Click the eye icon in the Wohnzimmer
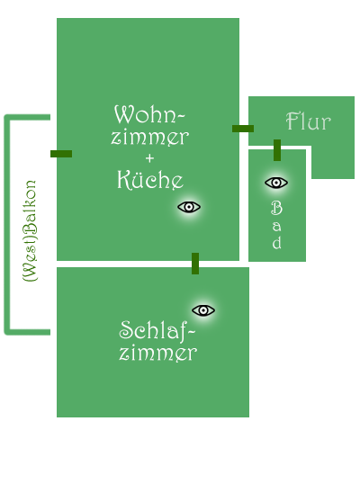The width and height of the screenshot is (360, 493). click(189, 207)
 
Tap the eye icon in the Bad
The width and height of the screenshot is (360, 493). click(276, 183)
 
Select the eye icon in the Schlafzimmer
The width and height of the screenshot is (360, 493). click(203, 310)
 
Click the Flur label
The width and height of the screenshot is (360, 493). click(309, 121)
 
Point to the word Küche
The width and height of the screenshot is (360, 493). click(150, 180)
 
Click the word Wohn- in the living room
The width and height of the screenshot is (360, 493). click(149, 114)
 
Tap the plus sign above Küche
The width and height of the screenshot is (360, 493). click(150, 157)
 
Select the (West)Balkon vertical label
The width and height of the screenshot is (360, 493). click(31, 231)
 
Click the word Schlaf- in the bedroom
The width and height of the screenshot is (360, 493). click(157, 331)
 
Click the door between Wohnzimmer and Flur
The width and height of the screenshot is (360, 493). click(243, 129)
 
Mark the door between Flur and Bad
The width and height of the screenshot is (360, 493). click(277, 150)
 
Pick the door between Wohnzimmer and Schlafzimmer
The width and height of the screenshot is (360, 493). click(195, 264)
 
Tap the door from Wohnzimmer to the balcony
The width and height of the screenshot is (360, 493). click(61, 154)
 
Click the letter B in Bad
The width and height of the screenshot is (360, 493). click(276, 208)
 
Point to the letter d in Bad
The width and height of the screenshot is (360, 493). click(277, 242)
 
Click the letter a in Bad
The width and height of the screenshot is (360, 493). click(277, 226)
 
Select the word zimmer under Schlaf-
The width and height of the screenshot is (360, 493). click(158, 354)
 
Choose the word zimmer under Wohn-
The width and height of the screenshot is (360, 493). click(150, 138)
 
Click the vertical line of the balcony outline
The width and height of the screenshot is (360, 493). click(7, 225)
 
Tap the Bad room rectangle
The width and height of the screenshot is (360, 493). click(277, 205)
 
